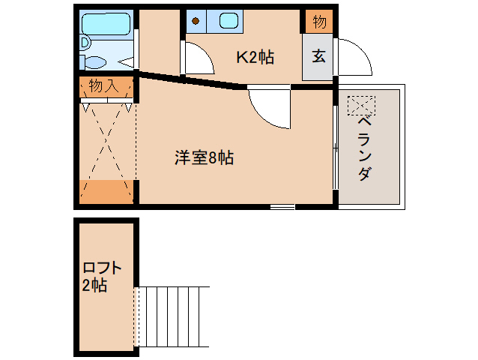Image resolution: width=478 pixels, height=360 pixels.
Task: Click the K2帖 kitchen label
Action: [x=255, y=57]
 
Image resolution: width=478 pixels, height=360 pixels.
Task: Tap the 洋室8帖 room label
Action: [x=205, y=157]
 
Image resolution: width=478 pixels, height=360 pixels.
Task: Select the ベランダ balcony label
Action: [x=363, y=149]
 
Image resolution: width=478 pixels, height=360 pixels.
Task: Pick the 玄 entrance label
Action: [x=318, y=56]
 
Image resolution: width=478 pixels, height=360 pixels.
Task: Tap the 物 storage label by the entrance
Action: [x=318, y=22]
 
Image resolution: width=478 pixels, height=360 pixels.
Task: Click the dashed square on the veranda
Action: [x=360, y=104]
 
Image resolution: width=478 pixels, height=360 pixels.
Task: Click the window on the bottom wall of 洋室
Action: [x=282, y=205]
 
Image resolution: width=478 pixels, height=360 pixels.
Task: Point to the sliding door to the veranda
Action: [x=335, y=146]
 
